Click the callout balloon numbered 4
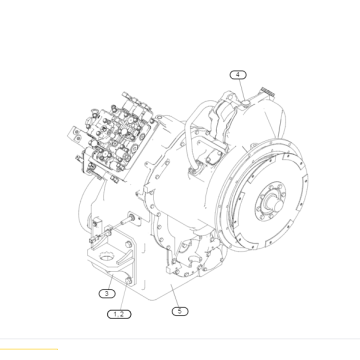238,74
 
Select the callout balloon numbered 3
106,294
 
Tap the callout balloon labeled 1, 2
119,314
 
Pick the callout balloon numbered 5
179,311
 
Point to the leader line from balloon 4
240,87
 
